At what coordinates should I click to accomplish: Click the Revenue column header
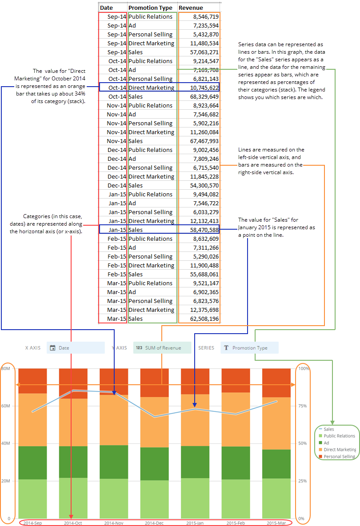[191, 8]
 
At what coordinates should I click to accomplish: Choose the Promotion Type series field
[249, 348]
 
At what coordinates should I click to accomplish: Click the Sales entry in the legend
[329, 429]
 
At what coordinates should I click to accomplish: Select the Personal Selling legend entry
[339, 456]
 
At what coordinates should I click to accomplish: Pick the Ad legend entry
[326, 442]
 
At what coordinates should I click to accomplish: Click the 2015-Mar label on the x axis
[276, 523]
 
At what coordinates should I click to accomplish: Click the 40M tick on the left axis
[6, 443]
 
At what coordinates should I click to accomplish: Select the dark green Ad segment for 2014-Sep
[32, 462]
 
